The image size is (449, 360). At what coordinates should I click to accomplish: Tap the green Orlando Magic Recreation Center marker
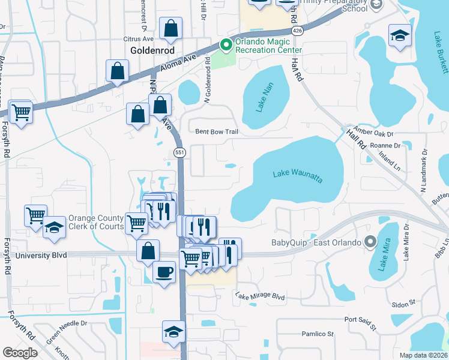coord(226,44)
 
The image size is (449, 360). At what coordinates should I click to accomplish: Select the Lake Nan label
coord(264,99)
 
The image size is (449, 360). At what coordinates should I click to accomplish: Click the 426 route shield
coord(297,30)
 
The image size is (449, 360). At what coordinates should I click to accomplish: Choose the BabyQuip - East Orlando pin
coord(370,242)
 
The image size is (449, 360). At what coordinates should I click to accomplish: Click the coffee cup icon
coord(164,272)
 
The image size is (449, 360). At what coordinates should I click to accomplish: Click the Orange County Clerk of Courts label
coord(96,222)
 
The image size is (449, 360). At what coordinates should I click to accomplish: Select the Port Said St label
coord(359,324)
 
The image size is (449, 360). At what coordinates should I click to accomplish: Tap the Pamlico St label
coord(317,334)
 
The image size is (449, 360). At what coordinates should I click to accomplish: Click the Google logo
coord(20,352)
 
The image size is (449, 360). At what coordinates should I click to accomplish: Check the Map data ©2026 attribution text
coord(424,355)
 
